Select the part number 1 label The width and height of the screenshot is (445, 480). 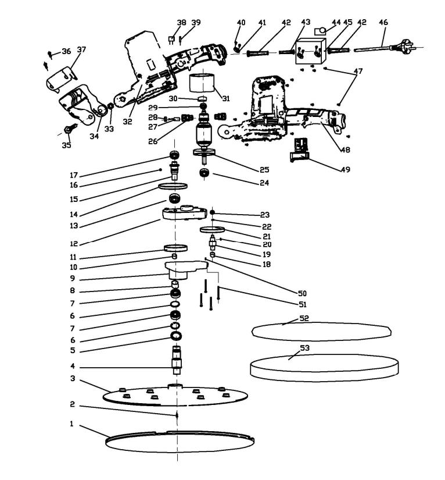click(x=72, y=424)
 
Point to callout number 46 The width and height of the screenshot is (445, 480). click(x=383, y=23)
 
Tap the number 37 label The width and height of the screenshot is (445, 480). click(x=81, y=50)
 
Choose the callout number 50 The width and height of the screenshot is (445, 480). click(x=302, y=293)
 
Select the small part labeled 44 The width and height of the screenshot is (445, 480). click(x=320, y=31)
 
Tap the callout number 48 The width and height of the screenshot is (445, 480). click(x=345, y=150)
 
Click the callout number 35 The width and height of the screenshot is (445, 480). click(x=66, y=145)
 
